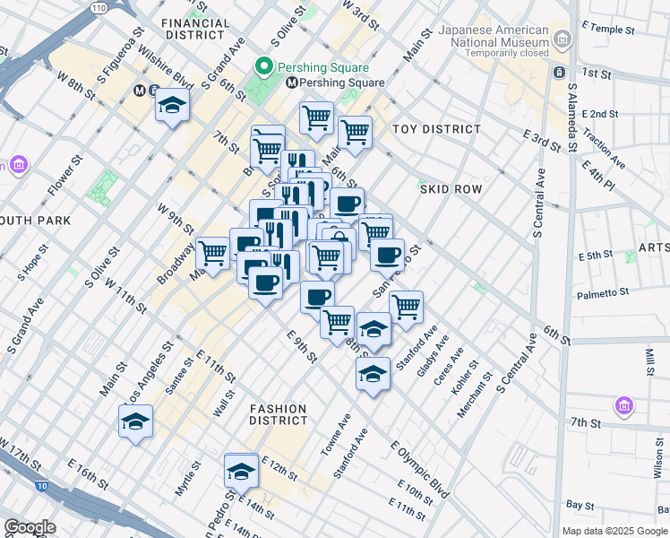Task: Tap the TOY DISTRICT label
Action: (437, 129)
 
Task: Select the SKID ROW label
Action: (451, 189)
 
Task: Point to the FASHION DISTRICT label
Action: (278, 414)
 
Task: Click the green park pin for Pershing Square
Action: (263, 67)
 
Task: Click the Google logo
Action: (30, 527)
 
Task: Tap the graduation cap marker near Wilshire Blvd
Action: (171, 108)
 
